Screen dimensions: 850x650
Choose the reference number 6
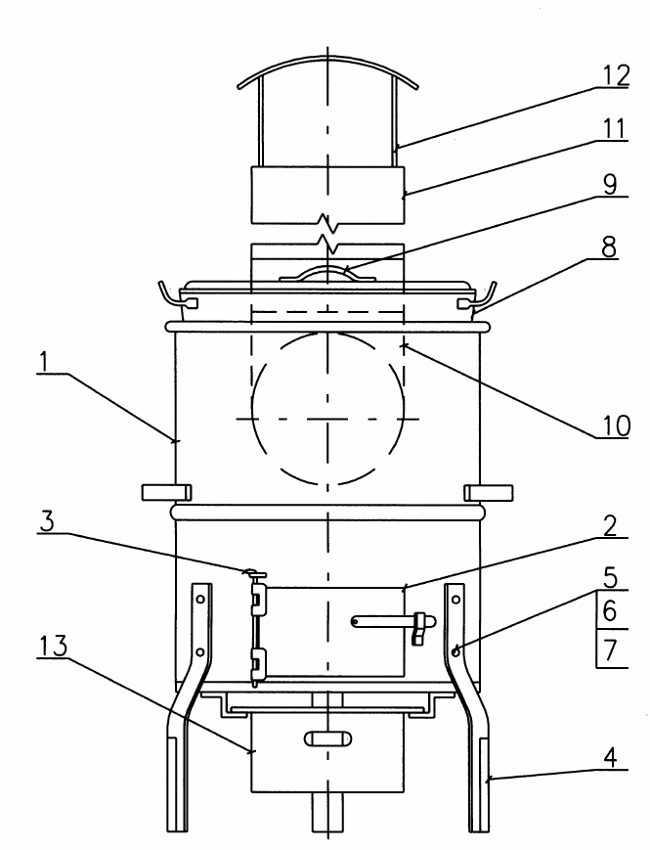[610, 613]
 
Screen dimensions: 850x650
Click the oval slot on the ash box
[326, 739]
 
